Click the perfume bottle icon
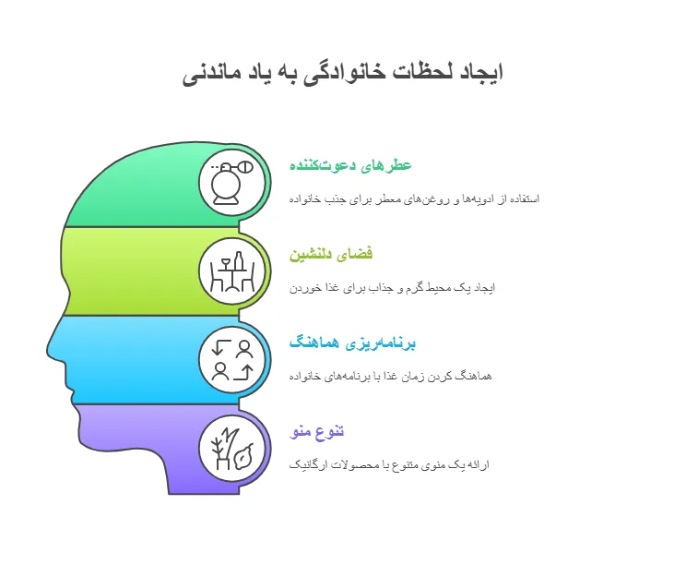click(231, 183)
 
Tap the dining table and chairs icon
click(232, 271)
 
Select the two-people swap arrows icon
click(232, 360)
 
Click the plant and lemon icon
click(232, 449)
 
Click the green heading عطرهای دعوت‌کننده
click(350, 165)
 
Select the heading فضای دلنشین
click(331, 254)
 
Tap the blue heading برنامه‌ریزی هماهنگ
click(352, 343)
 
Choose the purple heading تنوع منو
click(317, 431)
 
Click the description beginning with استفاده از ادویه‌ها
click(414, 199)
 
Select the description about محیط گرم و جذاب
click(392, 288)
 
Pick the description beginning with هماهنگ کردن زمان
click(390, 377)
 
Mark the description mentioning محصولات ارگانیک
click(389, 464)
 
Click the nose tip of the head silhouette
click(47, 350)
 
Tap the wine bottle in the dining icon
click(239, 262)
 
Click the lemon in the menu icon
click(243, 456)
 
